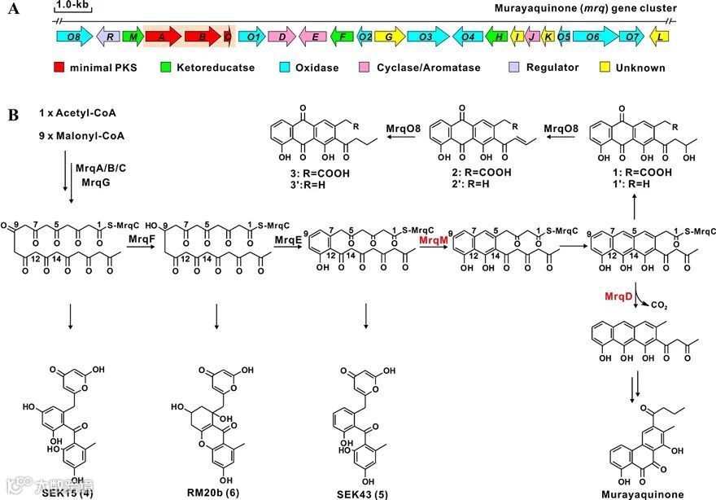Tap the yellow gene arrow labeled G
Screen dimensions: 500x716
pyautogui.click(x=389, y=37)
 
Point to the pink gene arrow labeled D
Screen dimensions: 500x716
pyautogui.click(x=281, y=37)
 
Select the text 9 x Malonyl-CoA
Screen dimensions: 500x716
pyautogui.click(x=78, y=134)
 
